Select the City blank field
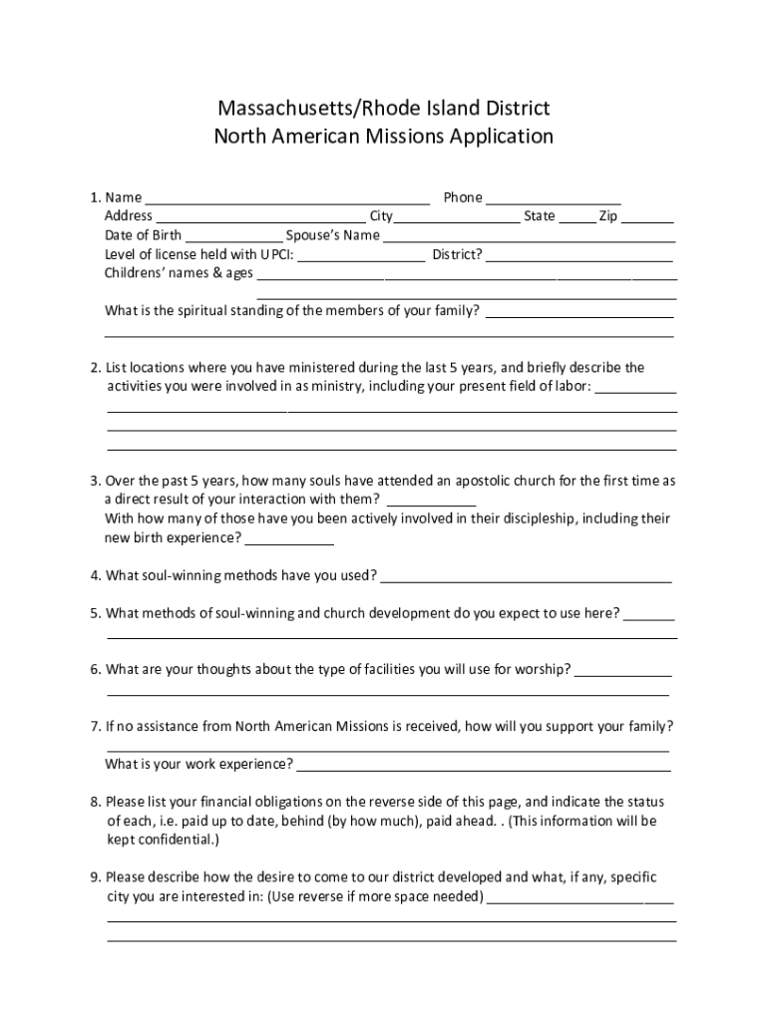pos(457,217)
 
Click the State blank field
pos(576,217)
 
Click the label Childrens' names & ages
pos(179,273)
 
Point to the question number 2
pos(94,368)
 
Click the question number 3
pos(94,482)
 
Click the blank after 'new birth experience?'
pos(289,539)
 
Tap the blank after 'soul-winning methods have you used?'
pos(526,577)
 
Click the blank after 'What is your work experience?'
pos(484,767)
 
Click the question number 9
pos(94,878)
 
